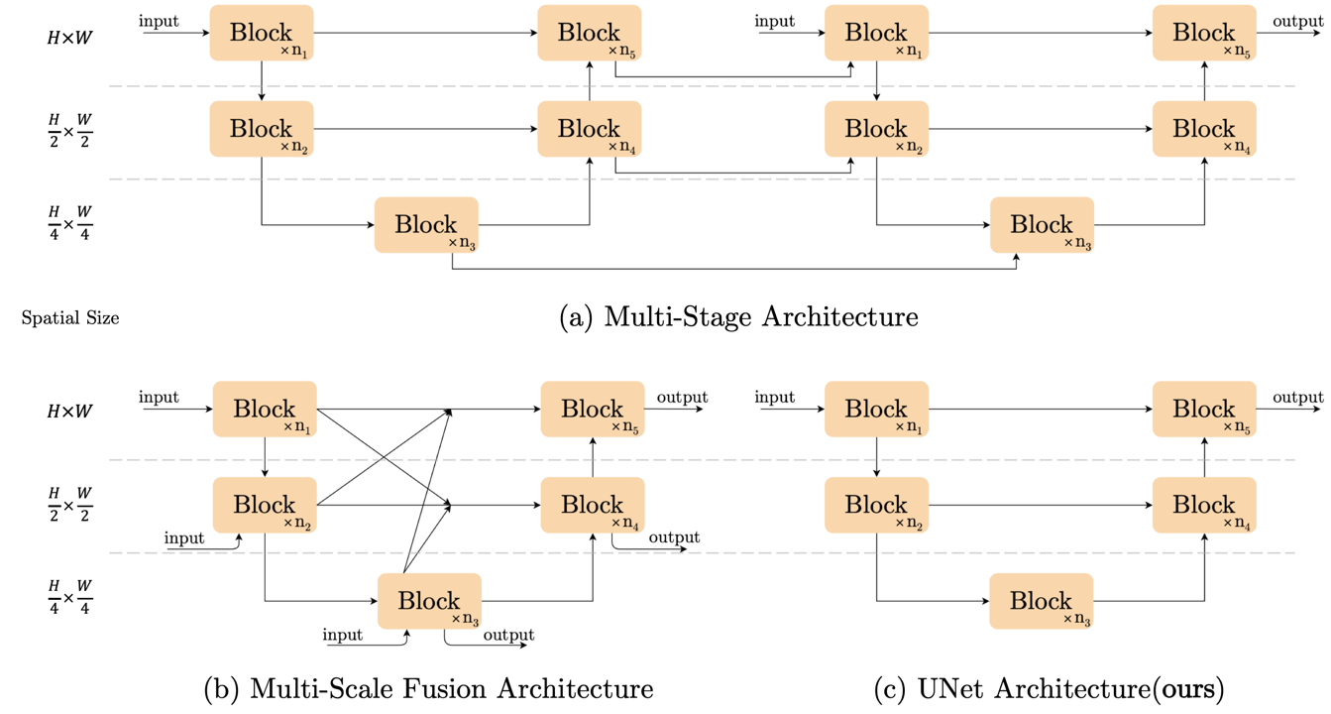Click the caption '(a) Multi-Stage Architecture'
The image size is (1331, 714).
click(x=738, y=317)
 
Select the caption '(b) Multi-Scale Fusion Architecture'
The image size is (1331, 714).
click(x=428, y=688)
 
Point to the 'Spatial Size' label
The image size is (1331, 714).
click(x=69, y=318)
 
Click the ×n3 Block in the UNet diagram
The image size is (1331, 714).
click(x=1041, y=601)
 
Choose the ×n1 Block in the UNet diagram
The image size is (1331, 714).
click(x=876, y=409)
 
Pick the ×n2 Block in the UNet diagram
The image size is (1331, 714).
click(x=876, y=505)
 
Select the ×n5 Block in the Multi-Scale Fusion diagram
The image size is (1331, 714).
click(x=592, y=409)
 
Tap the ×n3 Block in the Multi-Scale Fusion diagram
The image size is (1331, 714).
click(x=429, y=601)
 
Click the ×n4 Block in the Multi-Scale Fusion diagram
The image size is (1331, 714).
click(x=592, y=505)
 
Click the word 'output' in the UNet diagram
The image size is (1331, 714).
click(x=1297, y=398)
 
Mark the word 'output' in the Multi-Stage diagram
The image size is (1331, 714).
click(x=1297, y=22)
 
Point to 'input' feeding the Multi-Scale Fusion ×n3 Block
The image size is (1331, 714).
click(x=343, y=634)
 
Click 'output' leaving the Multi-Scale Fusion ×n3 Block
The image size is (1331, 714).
click(x=508, y=635)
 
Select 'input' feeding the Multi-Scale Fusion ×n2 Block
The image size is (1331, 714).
click(x=184, y=538)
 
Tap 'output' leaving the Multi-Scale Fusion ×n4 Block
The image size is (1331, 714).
click(x=674, y=537)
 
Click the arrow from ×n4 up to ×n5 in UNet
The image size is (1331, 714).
click(x=1204, y=457)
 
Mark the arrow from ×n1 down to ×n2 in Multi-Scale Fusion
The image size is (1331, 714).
click(x=265, y=457)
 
